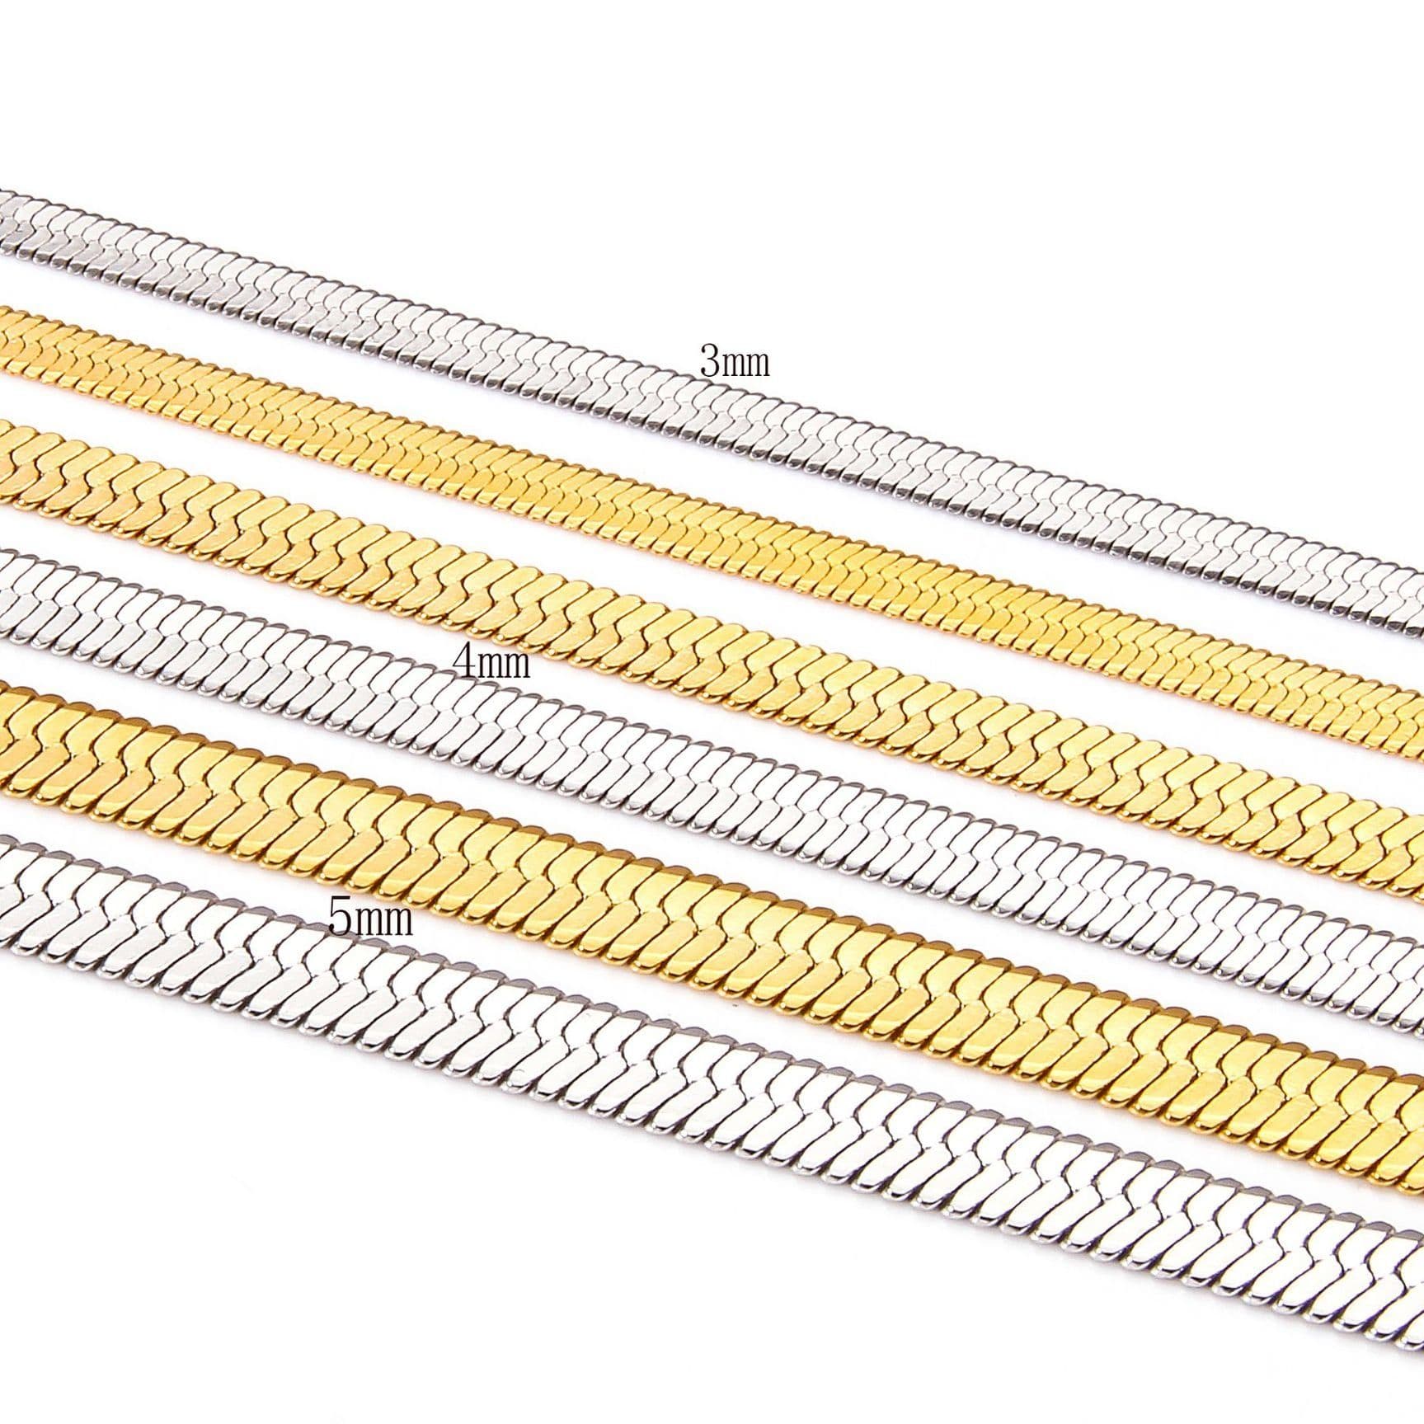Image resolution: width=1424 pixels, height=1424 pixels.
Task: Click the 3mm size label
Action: (734, 362)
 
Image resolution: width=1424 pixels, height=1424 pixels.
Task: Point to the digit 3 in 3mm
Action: (709, 362)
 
